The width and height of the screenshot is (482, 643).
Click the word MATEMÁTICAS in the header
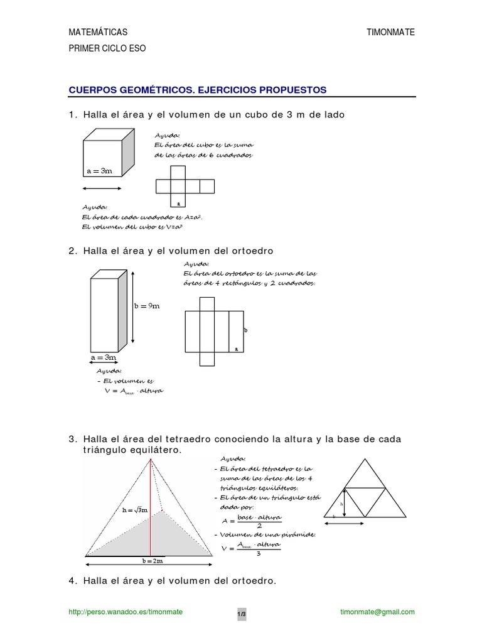coord(98,32)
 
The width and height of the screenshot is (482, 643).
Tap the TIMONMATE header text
coord(390,32)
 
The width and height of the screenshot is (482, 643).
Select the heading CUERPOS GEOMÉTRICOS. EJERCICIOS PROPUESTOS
coord(198,90)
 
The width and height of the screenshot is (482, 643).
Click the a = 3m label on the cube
coord(99,170)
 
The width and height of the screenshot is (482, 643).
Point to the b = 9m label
coord(147,306)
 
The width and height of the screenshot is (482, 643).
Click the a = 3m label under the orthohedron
coord(104,357)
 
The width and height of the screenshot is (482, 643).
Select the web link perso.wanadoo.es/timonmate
coord(126,612)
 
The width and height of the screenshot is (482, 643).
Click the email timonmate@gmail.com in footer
coord(376,612)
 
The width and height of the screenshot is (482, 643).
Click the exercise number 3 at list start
coord(72,438)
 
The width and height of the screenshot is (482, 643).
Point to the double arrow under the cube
coord(102,188)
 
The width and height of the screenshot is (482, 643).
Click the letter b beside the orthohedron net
coord(246,329)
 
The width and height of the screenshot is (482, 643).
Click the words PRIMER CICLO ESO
coord(107,49)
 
